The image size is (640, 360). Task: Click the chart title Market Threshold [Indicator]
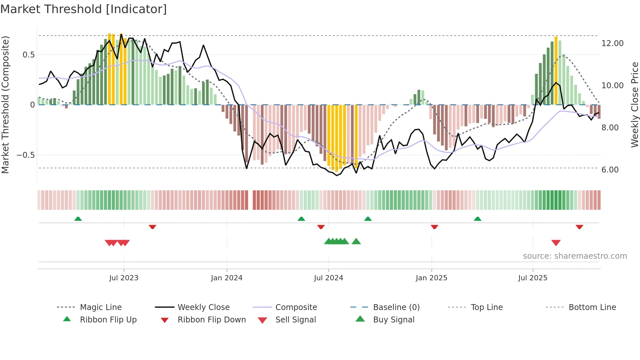tap(84, 9)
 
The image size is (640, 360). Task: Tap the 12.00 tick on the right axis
tap(612, 43)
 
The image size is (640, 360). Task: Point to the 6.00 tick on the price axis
tap(610, 170)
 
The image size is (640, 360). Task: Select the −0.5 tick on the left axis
tap(26, 155)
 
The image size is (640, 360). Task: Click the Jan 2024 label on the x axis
tap(227, 278)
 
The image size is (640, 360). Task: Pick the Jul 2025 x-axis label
tap(533, 278)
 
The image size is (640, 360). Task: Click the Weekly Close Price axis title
tap(634, 105)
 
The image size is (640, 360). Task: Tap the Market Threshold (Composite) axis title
tap(5, 105)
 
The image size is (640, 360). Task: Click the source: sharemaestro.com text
tap(575, 256)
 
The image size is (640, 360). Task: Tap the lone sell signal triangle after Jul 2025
tap(556, 243)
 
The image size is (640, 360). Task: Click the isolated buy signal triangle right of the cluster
tap(356, 241)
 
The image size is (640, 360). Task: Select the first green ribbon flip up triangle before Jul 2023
tap(78, 219)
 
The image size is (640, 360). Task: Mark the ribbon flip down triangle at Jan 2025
tap(434, 227)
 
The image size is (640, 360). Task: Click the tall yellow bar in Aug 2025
tap(556, 70)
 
